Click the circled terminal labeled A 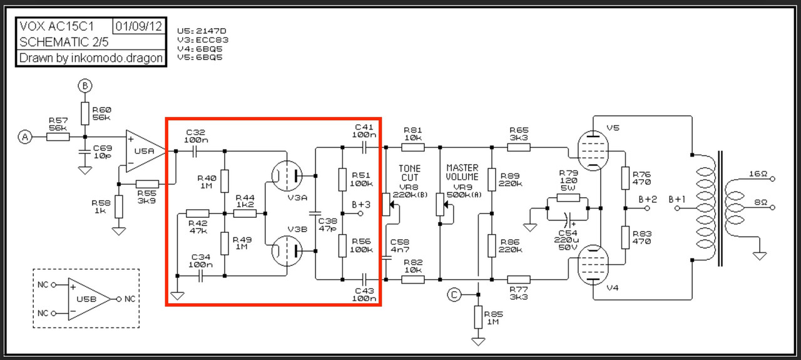(25, 137)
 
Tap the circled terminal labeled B (84, 86)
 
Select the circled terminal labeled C (454, 295)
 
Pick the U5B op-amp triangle (89, 299)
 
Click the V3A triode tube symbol (287, 176)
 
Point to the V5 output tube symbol (593, 151)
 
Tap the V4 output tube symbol (593, 265)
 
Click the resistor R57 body (58, 136)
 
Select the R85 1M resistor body (478, 317)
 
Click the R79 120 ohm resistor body (568, 198)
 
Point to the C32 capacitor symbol (194, 152)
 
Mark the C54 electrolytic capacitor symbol (568, 220)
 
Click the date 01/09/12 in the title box (139, 26)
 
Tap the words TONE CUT (410, 173)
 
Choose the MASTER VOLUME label (462, 172)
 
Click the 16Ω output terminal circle (772, 178)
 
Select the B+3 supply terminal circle (360, 213)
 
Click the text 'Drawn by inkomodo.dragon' (91, 58)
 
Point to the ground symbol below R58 (119, 231)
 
